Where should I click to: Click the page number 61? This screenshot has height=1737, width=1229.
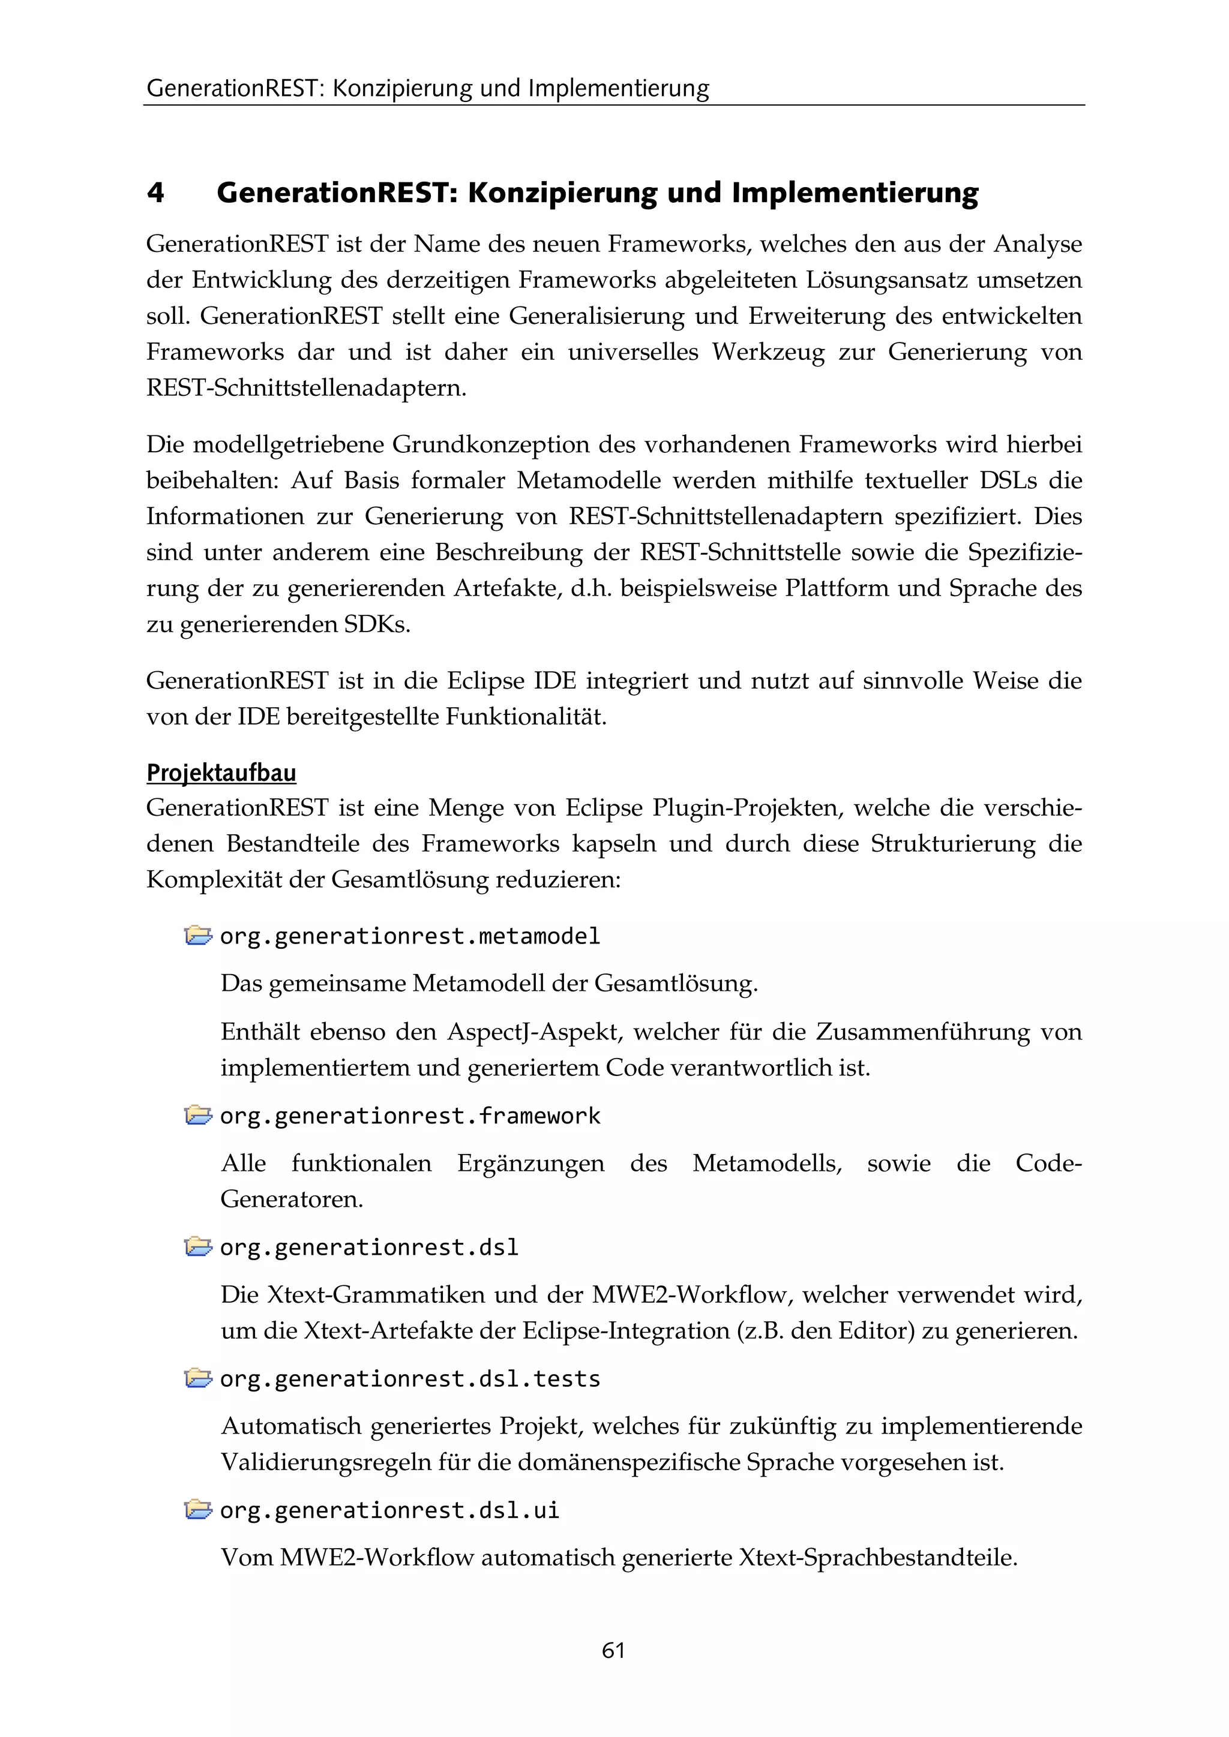pos(613,1650)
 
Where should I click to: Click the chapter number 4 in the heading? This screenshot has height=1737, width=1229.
pos(155,193)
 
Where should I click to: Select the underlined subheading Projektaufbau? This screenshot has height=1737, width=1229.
pos(221,773)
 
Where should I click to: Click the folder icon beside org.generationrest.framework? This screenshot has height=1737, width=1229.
pos(197,1115)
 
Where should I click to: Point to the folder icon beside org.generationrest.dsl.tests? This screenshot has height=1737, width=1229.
pos(197,1378)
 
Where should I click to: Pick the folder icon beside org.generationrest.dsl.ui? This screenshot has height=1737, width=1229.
pos(197,1510)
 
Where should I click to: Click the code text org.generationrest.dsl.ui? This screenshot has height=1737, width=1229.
pos(389,1510)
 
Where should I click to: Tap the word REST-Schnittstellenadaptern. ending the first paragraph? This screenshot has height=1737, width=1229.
pos(307,387)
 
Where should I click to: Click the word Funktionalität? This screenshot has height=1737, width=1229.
pos(526,716)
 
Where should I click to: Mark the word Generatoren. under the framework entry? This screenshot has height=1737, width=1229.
pos(292,1199)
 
